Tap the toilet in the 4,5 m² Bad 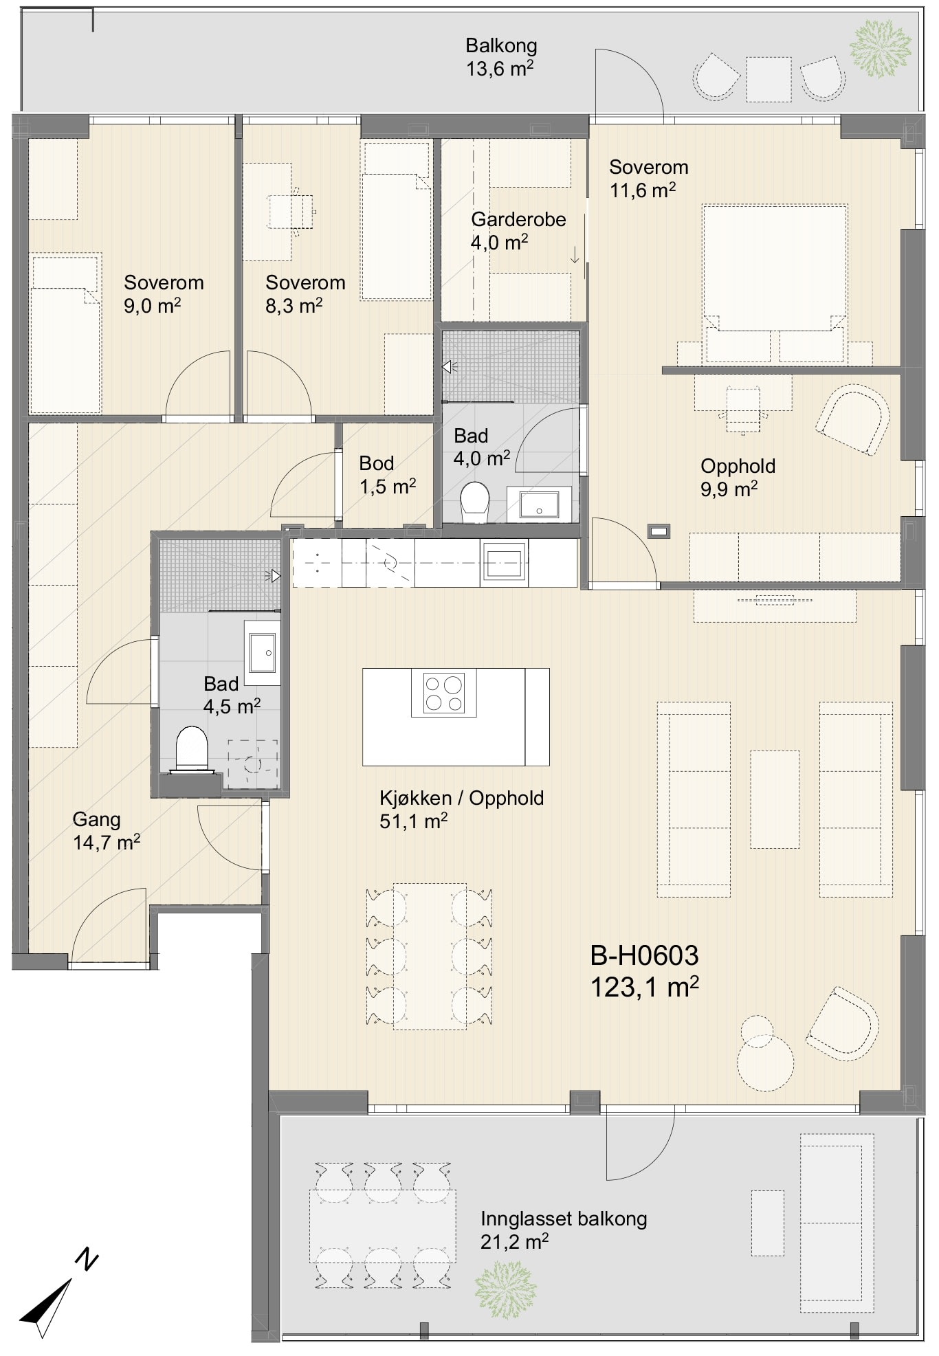pos(192,750)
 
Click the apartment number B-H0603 pos(644,955)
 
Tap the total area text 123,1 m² pos(644,988)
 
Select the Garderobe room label pos(518,220)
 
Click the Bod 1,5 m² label pos(387,475)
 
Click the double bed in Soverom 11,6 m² pos(774,283)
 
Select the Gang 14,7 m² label pos(107,831)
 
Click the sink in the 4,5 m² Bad pos(262,652)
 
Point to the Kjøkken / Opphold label pos(461,799)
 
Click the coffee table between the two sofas pos(775,799)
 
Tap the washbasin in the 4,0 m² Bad pos(539,505)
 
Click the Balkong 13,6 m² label pos(500,57)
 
